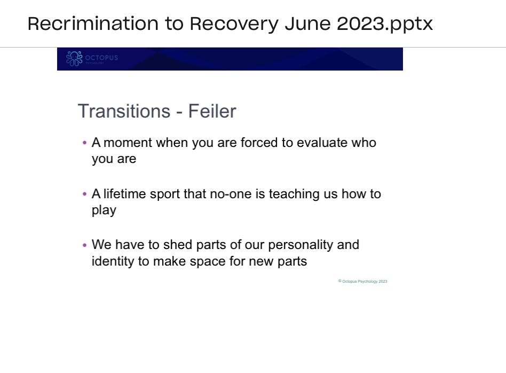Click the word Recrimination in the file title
[x=93, y=24]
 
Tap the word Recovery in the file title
[x=234, y=24]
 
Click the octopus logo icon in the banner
[x=74, y=59]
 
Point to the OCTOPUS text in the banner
[x=101, y=57]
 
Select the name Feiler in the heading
[x=212, y=111]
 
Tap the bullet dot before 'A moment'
[x=85, y=143]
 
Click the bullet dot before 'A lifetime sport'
[x=85, y=195]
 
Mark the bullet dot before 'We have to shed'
[x=85, y=245]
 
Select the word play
[x=104, y=211]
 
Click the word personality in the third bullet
[x=301, y=245]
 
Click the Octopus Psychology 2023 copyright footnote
[x=363, y=281]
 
